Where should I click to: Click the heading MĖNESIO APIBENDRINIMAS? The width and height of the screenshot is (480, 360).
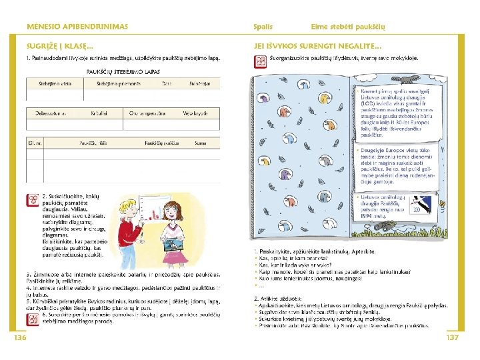click(77, 26)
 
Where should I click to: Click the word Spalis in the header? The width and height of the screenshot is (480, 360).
click(263, 26)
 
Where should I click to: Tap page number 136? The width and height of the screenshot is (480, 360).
click(19, 338)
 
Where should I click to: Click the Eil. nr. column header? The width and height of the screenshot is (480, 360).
click(35, 143)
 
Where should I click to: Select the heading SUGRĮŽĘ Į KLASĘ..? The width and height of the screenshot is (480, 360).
click(59, 46)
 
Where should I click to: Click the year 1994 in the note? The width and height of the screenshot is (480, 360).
click(366, 215)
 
